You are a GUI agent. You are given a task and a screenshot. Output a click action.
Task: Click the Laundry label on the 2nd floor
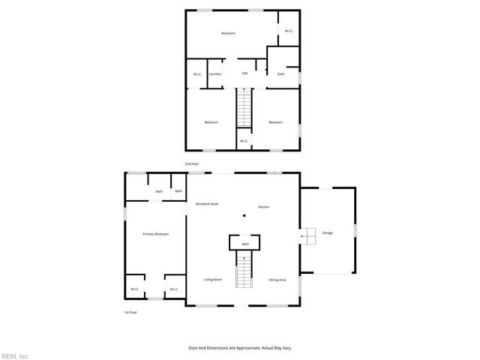(215, 74)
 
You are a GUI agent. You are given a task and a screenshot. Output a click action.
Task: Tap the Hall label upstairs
(244, 73)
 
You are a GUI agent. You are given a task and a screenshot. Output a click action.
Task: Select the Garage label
(328, 233)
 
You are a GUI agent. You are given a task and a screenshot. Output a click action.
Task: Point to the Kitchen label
(263, 207)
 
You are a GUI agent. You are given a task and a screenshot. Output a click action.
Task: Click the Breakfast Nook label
(207, 204)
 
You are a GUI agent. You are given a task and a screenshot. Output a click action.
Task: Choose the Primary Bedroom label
(156, 235)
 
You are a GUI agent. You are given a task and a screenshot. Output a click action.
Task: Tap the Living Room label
(213, 280)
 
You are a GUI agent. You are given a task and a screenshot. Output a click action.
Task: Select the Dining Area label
(277, 280)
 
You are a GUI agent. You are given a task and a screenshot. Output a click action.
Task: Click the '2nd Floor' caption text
(193, 163)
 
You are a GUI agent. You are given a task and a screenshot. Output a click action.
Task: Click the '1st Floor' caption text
(131, 312)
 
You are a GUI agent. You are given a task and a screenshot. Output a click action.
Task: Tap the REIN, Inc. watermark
(15, 355)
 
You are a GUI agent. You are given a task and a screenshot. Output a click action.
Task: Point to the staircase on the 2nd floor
(244, 108)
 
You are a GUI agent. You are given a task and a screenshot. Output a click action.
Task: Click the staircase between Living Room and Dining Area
(244, 270)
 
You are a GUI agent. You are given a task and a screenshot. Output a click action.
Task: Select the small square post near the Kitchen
(243, 217)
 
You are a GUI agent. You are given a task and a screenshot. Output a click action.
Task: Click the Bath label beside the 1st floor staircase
(244, 244)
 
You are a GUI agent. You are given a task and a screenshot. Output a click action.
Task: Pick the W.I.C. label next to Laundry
(197, 74)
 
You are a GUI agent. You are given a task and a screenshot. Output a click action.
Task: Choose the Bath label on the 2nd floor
(281, 74)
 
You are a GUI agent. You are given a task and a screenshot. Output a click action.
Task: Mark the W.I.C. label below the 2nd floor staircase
(244, 141)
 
